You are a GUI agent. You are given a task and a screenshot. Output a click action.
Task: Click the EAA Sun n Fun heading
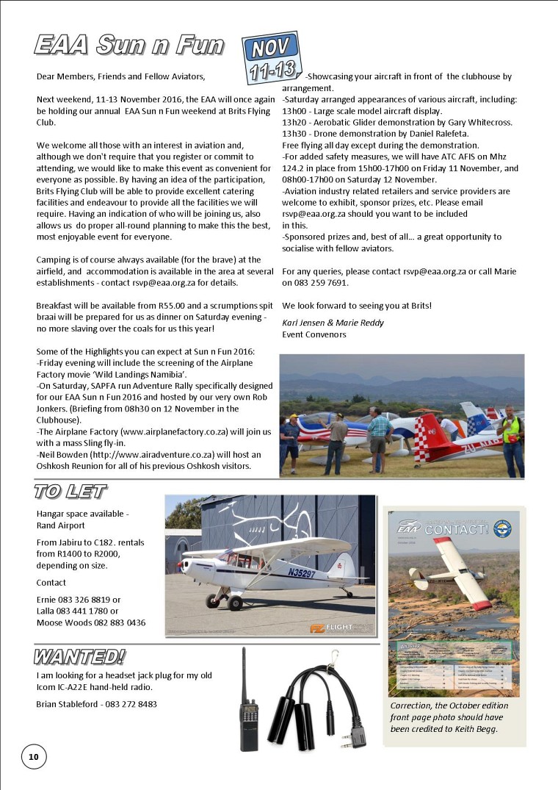(128, 46)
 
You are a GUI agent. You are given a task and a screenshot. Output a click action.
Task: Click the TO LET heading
(70, 492)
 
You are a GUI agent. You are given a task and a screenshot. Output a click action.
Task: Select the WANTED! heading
(79, 656)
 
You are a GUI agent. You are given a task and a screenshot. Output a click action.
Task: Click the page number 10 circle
(33, 756)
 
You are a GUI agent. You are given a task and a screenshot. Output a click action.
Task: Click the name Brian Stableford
(68, 704)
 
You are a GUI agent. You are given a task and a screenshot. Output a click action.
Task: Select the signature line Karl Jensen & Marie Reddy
(328, 323)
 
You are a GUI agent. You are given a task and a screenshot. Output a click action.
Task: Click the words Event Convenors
(314, 334)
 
